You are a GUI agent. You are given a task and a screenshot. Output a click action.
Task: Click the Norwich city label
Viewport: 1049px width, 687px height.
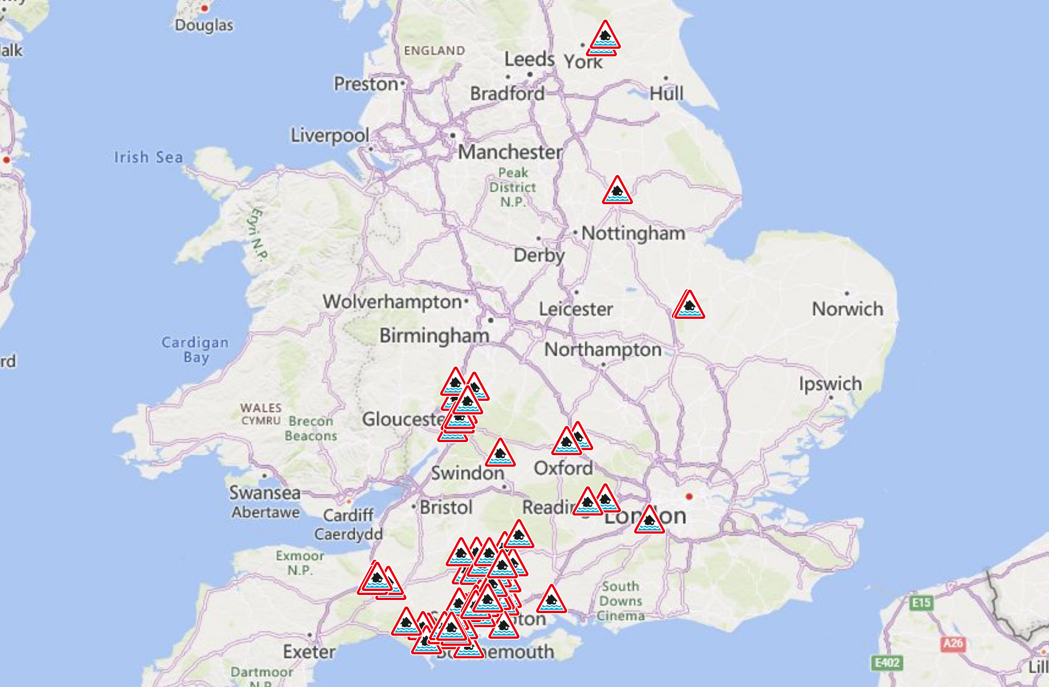(x=847, y=309)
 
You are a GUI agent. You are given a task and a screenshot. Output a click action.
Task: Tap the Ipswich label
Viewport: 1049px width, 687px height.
(x=830, y=384)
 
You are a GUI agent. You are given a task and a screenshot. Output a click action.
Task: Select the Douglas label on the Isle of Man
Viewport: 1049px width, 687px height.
(x=204, y=25)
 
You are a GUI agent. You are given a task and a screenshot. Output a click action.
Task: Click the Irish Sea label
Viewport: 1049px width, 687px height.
(x=148, y=157)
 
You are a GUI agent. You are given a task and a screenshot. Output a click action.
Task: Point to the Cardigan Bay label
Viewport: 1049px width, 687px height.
(x=195, y=350)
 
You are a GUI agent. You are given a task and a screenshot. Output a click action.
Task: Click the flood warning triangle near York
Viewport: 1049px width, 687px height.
(x=605, y=36)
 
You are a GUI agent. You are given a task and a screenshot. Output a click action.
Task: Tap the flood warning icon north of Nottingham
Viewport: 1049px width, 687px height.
(x=617, y=191)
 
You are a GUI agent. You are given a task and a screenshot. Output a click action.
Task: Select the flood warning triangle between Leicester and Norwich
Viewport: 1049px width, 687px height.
(x=689, y=306)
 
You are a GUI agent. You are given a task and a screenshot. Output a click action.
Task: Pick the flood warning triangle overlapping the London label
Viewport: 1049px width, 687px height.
(x=649, y=521)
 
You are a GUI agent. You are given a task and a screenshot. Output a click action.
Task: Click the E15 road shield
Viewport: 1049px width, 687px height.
(x=921, y=603)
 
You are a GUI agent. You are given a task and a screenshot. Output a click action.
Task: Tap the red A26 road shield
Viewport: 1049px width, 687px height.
(x=953, y=643)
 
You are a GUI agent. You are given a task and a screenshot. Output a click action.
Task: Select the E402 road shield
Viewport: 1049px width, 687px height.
(x=887, y=663)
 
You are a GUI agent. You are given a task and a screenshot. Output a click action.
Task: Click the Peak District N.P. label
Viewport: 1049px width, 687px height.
(x=512, y=187)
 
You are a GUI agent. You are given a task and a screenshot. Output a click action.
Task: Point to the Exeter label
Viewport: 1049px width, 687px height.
(x=309, y=652)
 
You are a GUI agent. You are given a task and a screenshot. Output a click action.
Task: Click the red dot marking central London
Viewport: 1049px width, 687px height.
(x=689, y=496)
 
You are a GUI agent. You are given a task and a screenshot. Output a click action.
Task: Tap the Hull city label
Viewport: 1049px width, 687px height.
(x=666, y=94)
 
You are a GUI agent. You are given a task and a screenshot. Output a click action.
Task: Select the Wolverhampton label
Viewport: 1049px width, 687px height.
(x=392, y=302)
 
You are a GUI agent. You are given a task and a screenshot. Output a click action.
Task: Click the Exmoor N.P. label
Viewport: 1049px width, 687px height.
(x=300, y=563)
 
